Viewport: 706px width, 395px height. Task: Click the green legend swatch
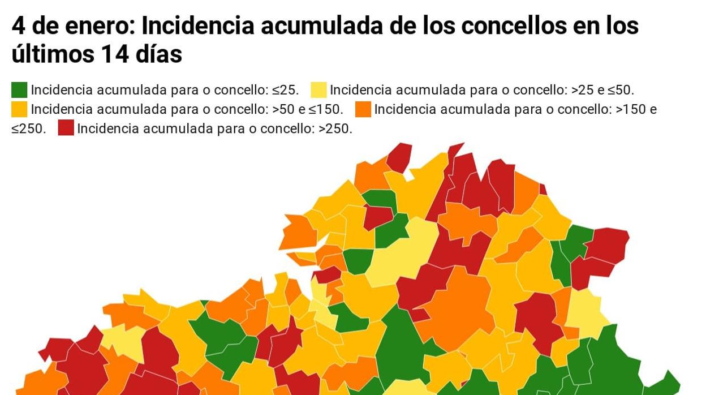19,90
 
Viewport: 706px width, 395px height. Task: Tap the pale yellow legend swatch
318,90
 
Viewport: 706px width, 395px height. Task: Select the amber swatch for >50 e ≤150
19,109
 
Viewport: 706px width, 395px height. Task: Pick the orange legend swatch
363,109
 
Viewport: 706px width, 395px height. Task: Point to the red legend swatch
66,128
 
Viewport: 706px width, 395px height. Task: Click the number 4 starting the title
18,26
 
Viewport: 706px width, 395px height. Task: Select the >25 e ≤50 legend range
602,91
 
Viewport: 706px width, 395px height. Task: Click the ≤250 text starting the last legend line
28,129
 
